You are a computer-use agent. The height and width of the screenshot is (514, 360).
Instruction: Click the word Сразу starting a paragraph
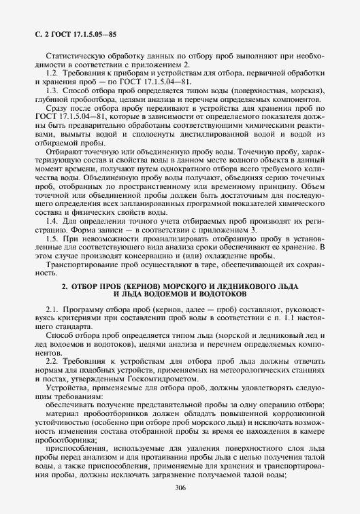pos(56,107)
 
